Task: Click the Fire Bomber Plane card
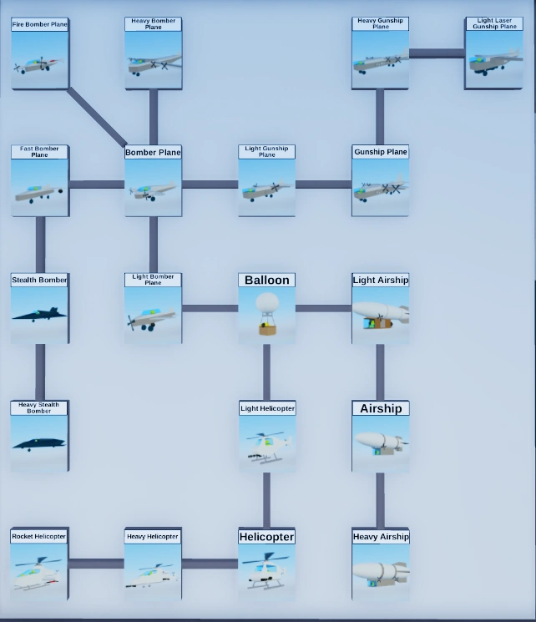coord(39,54)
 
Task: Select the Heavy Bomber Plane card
coord(153,54)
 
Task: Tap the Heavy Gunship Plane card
coord(380,54)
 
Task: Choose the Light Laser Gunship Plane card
coord(493,54)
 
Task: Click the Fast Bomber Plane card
coord(39,182)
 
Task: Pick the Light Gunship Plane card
coord(266,182)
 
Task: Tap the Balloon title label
coord(266,281)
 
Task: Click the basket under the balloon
coord(267,328)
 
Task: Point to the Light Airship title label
coord(381,281)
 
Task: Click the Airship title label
coord(381,408)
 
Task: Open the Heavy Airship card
coord(381,565)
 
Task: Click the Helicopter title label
coord(267,537)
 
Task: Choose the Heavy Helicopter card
coord(153,565)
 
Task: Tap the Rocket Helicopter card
coord(39,565)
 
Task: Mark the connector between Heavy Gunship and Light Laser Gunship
coord(437,54)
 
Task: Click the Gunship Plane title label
coord(381,152)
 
